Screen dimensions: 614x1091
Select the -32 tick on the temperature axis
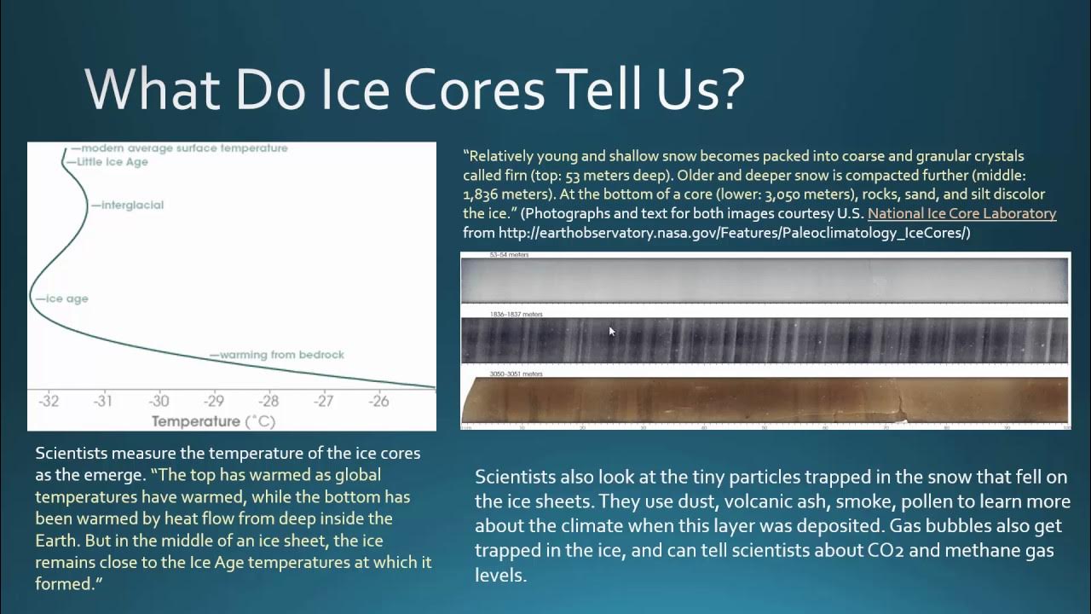point(49,401)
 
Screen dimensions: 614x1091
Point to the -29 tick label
point(213,401)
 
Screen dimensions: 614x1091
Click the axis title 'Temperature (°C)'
point(213,421)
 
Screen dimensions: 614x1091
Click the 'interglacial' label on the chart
point(131,206)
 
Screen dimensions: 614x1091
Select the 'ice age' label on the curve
point(66,299)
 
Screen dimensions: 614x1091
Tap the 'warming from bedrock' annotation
point(281,355)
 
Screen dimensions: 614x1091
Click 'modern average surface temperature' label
point(184,148)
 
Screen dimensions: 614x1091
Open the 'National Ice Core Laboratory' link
point(961,214)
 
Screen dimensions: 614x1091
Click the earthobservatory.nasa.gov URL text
point(716,233)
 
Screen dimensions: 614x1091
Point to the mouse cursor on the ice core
point(611,332)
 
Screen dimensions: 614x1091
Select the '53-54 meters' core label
point(510,255)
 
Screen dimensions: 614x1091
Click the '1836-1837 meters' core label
point(516,315)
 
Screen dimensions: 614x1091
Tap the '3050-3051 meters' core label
point(516,374)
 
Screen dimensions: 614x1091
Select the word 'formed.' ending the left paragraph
point(63,584)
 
